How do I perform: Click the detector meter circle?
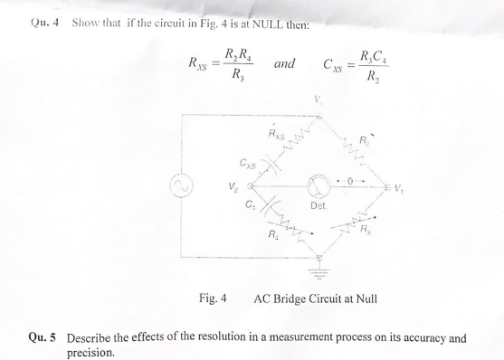tap(318, 187)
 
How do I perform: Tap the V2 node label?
tap(233, 188)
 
